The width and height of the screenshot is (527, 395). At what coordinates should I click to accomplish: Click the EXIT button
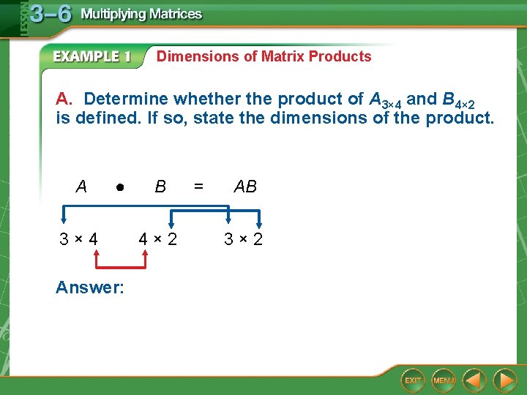(x=413, y=380)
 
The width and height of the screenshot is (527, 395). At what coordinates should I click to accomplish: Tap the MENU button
(x=444, y=380)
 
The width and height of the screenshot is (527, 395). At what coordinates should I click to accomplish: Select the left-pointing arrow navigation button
(x=475, y=380)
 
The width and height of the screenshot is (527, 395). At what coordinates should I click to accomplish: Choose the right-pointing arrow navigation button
(x=504, y=380)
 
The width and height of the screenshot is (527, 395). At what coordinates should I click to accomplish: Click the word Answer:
(x=90, y=287)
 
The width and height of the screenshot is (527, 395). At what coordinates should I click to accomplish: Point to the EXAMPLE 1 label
(x=92, y=57)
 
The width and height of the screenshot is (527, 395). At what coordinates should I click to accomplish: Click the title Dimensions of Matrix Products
(x=263, y=56)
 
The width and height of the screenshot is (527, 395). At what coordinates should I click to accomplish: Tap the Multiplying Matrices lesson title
(x=141, y=14)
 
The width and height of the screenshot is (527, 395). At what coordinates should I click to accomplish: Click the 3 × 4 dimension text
(x=79, y=239)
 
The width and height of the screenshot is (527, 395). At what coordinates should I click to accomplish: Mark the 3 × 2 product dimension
(x=244, y=239)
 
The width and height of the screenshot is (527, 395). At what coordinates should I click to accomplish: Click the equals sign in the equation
(x=198, y=187)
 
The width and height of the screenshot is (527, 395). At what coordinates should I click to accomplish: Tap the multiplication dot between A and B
(x=119, y=187)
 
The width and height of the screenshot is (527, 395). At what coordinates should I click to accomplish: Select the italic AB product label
(x=245, y=187)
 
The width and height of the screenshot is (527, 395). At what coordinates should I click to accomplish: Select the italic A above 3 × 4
(x=81, y=187)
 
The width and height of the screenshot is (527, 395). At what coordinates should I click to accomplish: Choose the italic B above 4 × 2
(x=160, y=187)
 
